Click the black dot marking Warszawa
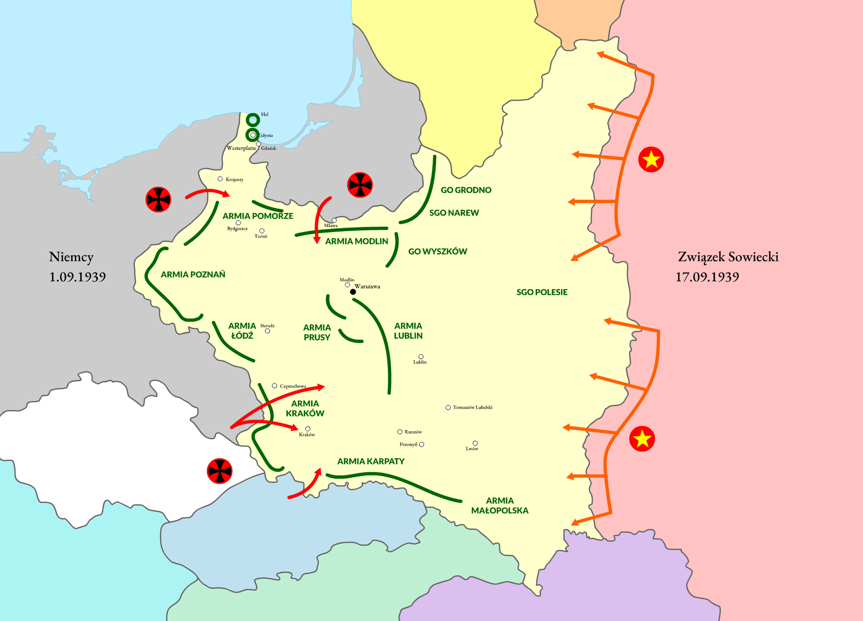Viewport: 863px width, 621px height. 353,292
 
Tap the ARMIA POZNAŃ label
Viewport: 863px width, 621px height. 193,274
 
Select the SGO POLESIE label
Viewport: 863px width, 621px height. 542,292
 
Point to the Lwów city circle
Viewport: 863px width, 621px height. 475,443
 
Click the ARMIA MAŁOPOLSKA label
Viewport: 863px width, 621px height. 499,505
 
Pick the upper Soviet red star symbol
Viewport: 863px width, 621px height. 651,159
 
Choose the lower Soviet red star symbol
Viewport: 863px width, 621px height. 642,438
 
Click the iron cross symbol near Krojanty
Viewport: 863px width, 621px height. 158,199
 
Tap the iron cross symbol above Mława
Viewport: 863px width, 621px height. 360,185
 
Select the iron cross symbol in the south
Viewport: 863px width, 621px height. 219,471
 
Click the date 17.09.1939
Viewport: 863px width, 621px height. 707,277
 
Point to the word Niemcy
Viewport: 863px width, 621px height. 71,257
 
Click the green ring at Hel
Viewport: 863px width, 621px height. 253,120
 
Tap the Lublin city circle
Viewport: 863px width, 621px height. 421,357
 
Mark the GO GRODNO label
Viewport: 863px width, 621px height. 466,190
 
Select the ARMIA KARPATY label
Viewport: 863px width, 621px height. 371,461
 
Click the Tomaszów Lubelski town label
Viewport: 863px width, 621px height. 472,407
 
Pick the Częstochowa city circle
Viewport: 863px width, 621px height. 275,386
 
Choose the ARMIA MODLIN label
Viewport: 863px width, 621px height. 356,241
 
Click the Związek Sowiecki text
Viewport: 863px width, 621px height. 728,257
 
